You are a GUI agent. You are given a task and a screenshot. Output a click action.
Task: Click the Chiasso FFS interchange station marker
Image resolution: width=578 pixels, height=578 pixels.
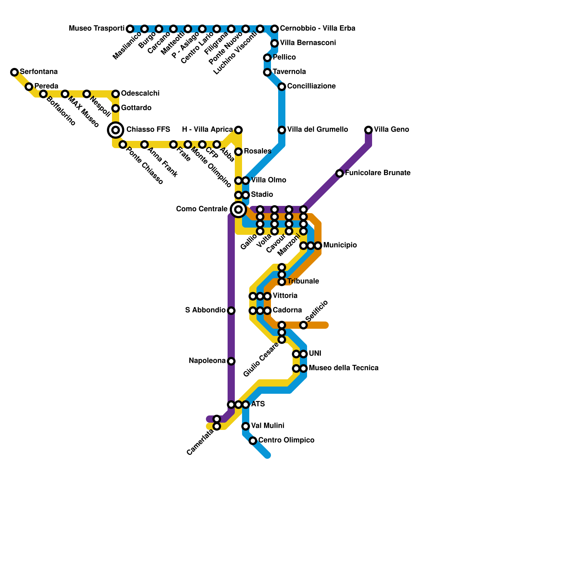click(116, 130)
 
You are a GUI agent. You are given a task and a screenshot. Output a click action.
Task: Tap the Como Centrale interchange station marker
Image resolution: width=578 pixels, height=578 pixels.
click(238, 209)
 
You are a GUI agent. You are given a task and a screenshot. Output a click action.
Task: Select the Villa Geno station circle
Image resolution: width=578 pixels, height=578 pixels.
click(368, 130)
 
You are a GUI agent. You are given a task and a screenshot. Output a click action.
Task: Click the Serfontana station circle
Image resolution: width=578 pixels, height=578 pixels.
click(14, 72)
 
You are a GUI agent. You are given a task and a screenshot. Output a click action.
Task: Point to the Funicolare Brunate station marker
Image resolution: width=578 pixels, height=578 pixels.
click(340, 173)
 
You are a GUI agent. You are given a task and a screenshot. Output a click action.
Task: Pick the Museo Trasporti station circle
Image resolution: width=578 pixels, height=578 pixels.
click(130, 29)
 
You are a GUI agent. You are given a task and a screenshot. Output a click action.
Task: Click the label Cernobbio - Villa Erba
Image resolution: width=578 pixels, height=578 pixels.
click(318, 28)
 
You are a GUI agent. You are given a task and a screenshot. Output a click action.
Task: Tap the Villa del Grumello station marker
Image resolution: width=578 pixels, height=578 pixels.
click(282, 130)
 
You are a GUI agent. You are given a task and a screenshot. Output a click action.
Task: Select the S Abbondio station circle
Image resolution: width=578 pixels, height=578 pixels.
click(231, 311)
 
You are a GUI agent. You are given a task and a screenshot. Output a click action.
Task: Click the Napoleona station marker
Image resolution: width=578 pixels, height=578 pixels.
click(231, 361)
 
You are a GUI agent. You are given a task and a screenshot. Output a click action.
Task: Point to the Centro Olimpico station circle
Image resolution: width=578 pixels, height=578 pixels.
click(253, 441)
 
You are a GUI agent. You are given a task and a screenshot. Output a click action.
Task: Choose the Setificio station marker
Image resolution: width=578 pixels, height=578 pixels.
click(303, 325)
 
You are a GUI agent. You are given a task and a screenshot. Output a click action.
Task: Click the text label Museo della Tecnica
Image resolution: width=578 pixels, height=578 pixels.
click(344, 368)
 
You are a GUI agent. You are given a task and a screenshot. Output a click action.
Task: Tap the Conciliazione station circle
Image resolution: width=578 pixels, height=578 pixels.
click(282, 87)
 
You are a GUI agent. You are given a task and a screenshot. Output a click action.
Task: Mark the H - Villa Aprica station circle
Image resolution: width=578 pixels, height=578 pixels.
click(238, 130)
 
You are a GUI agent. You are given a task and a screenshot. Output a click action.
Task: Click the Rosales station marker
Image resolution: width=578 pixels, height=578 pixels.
click(238, 152)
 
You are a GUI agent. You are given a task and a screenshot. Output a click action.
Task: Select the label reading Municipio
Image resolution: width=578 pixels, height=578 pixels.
click(340, 245)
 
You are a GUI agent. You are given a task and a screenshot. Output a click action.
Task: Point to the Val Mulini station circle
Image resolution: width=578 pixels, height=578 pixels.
click(246, 426)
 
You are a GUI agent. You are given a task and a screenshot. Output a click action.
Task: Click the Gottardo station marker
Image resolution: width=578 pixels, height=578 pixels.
click(116, 108)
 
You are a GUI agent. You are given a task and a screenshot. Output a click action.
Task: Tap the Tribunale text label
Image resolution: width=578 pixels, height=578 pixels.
click(303, 281)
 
